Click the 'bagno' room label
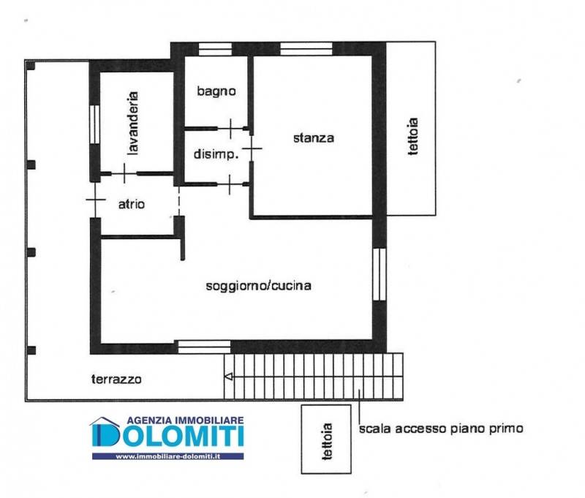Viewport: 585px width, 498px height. tap(216, 91)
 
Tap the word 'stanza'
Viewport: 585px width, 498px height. tap(314, 138)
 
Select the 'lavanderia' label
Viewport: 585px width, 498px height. tap(132, 123)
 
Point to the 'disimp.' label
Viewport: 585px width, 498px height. tap(216, 154)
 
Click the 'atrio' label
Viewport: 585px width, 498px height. tap(132, 204)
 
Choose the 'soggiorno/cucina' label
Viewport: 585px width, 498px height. tap(259, 286)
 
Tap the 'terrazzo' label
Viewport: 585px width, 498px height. tap(116, 379)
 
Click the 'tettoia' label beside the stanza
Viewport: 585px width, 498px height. tap(412, 136)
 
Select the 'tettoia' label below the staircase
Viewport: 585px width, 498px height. tap(327, 441)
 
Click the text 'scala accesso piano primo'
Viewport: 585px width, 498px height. tap(441, 429)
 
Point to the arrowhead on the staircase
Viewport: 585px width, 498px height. tap(228, 377)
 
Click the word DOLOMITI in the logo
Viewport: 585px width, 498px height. tap(167, 435)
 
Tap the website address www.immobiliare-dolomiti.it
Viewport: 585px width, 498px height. tap(168, 456)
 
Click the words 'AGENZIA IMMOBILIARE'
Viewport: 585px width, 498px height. tap(185, 420)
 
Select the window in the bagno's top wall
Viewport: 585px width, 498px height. tap(215, 49)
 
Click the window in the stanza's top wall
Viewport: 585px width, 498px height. tap(306, 49)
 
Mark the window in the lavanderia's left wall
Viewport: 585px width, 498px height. tap(95, 124)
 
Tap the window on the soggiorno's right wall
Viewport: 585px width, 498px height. tap(379, 274)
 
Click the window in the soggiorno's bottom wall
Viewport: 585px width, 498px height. tap(204, 347)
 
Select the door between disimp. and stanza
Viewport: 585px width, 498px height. tap(252, 148)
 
